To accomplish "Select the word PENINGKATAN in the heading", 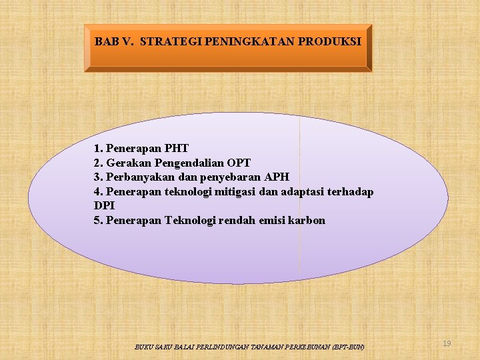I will click(x=245, y=41).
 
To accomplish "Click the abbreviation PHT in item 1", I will click(x=176, y=148).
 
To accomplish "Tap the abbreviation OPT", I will click(x=239, y=163).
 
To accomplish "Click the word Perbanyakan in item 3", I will click(x=139, y=177).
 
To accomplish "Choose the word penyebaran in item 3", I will click(x=228, y=177).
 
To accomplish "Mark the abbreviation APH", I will click(x=276, y=177).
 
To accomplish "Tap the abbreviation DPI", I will click(x=105, y=206).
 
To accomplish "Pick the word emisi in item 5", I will click(x=272, y=221).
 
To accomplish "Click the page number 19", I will click(x=447, y=343).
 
